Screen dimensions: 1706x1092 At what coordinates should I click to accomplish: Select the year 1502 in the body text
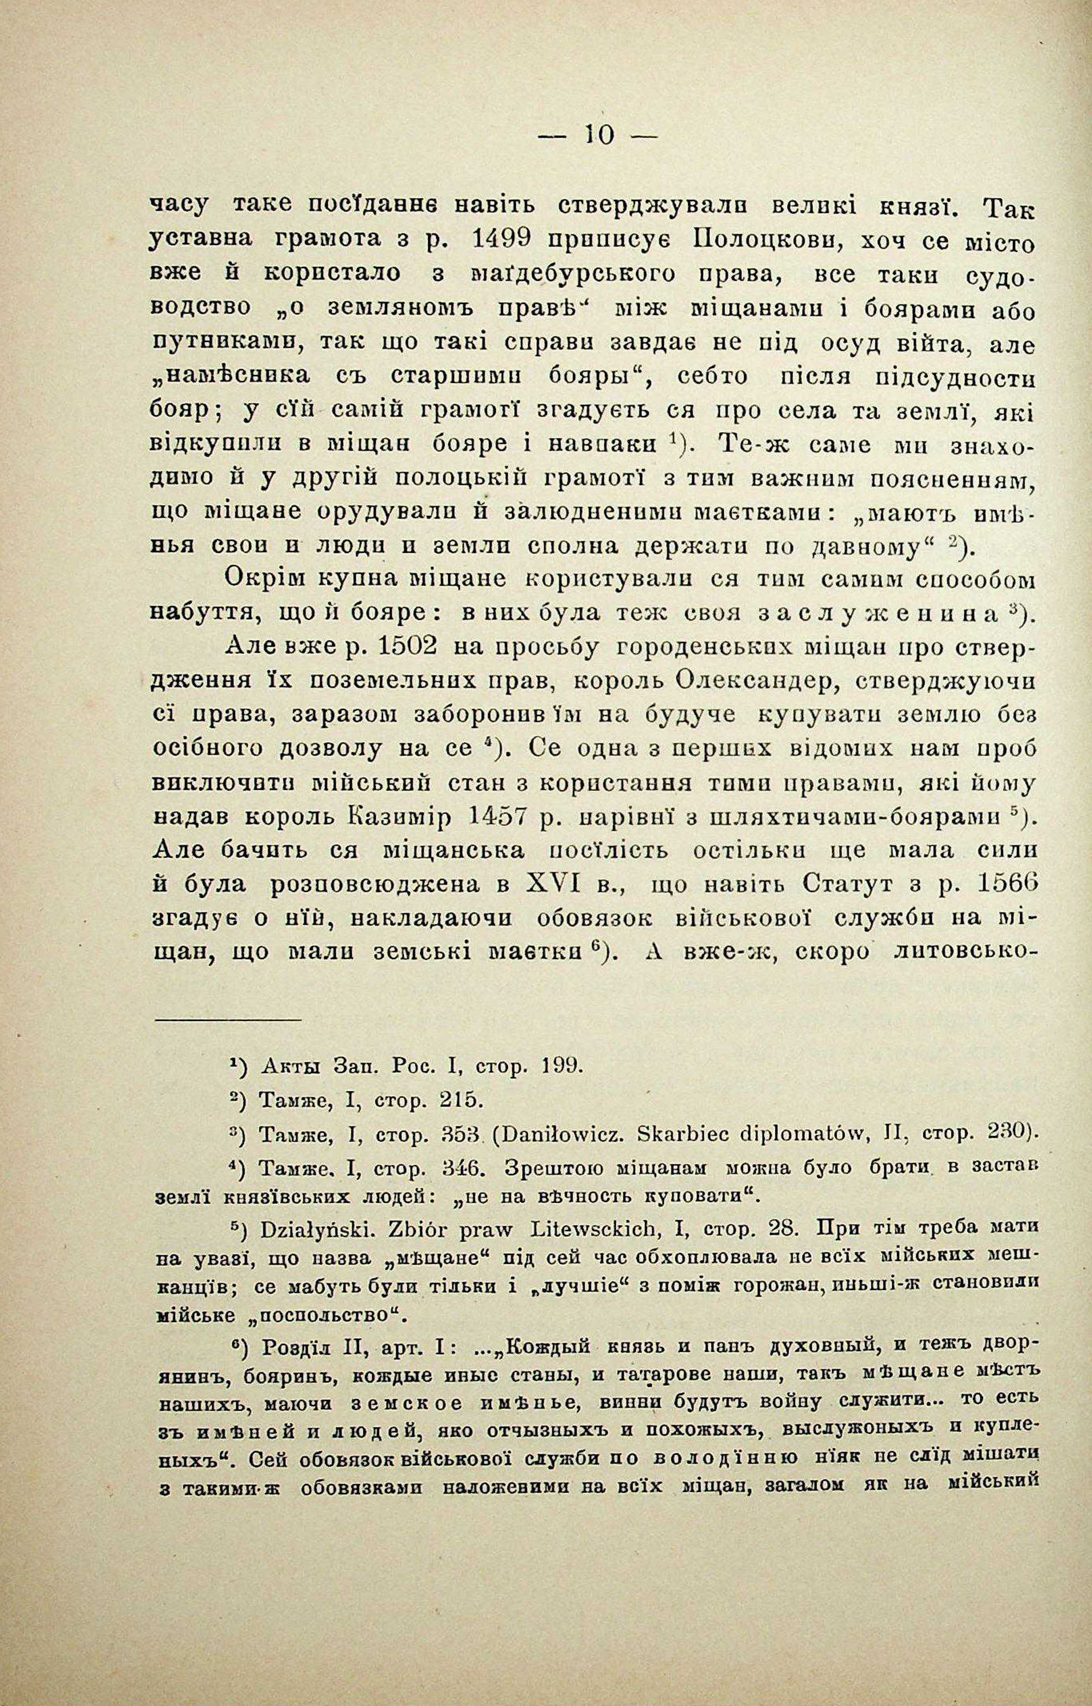[415, 648]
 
